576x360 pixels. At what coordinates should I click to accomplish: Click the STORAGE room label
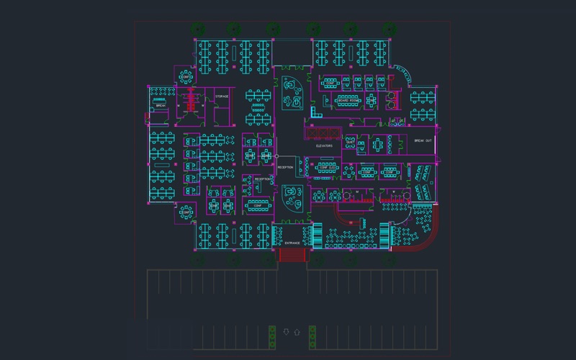(222, 96)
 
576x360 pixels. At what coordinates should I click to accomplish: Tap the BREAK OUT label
(423, 141)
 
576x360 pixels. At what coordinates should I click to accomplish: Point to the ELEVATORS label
(324, 145)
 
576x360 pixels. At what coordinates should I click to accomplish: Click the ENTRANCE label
(292, 243)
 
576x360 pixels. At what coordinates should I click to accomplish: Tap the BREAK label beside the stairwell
(161, 106)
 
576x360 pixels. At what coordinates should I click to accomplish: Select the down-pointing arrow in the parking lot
(287, 332)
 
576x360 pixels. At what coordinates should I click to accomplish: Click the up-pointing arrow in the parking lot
(297, 332)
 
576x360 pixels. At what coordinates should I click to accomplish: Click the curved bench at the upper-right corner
(403, 72)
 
